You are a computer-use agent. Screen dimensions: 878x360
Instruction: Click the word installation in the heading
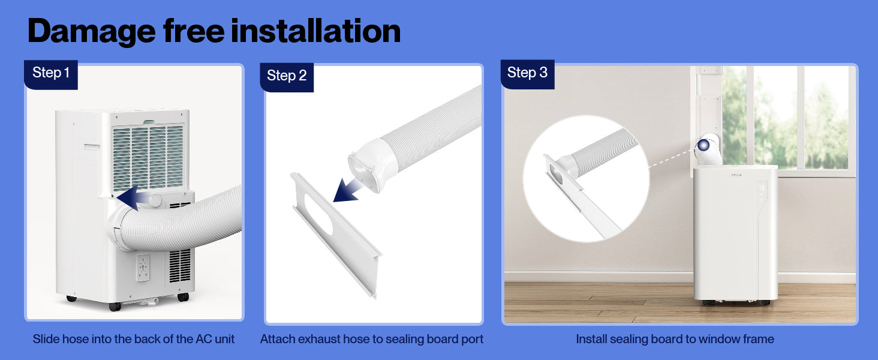tap(316, 31)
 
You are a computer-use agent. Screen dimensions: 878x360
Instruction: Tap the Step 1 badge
tap(51, 74)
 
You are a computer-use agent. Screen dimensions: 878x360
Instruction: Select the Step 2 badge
tap(287, 77)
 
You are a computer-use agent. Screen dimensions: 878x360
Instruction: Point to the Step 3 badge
tap(527, 74)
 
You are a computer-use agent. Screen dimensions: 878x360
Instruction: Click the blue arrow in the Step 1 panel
tap(133, 197)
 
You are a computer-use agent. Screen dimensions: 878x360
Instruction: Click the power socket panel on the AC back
tap(143, 268)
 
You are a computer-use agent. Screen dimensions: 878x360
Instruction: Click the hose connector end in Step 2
tap(369, 165)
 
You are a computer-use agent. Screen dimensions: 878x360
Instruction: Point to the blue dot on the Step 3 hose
tap(703, 145)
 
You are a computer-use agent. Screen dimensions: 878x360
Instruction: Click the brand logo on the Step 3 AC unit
tap(736, 175)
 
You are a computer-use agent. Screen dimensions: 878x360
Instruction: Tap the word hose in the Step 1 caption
tap(75, 339)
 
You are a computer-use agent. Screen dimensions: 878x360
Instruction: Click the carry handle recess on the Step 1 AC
tap(92, 147)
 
